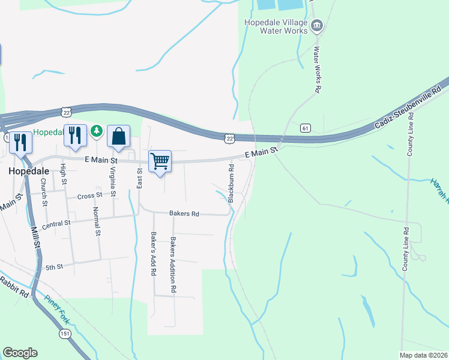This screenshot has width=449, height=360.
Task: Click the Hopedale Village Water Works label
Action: click(276, 27)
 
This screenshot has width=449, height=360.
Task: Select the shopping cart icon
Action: click(160, 161)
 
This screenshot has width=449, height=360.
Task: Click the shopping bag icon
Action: click(119, 136)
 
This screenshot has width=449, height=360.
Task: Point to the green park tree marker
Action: click(95, 130)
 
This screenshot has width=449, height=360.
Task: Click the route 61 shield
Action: click(306, 128)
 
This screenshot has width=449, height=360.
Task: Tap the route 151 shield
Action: click(63, 332)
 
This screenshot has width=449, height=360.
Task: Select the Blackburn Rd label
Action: click(230, 181)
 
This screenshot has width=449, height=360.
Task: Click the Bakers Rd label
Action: click(184, 214)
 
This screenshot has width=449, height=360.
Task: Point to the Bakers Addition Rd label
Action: click(173, 265)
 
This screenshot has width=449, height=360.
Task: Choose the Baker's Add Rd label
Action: click(154, 254)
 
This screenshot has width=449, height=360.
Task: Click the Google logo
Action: click(20, 353)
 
